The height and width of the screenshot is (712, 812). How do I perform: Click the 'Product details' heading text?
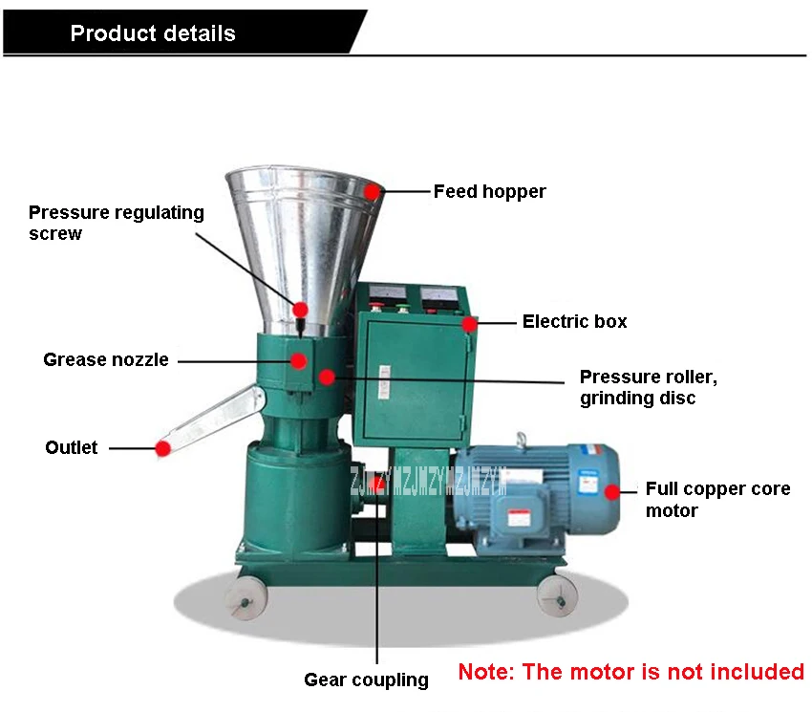coord(153,33)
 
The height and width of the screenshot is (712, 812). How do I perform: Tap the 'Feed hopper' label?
coord(489,192)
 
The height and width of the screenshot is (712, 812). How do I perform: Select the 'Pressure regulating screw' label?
coord(116,223)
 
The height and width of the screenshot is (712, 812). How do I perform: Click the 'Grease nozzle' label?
coord(106,359)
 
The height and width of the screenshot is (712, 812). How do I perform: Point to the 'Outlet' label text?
coord(71,447)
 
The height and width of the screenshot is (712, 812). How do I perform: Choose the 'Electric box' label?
coord(574,321)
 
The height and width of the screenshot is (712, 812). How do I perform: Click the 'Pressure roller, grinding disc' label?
coord(649,387)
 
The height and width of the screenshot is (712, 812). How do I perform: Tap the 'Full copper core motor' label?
coord(717,500)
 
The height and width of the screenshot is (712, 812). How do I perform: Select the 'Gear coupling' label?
coord(366,680)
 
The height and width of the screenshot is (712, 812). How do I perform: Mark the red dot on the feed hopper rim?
coord(372,192)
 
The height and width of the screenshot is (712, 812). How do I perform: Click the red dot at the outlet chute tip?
coord(163,448)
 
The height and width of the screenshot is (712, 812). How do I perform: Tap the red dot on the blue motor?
coord(612,492)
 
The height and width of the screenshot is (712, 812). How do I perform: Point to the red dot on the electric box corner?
coord(469,324)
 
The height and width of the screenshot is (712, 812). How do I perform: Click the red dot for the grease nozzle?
coord(299,360)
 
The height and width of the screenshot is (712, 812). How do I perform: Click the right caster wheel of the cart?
coord(557,597)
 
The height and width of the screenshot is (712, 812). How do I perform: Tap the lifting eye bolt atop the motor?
coord(521,439)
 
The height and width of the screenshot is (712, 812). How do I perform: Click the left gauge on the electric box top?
coord(387,295)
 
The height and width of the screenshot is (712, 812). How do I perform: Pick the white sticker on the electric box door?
coord(384,382)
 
